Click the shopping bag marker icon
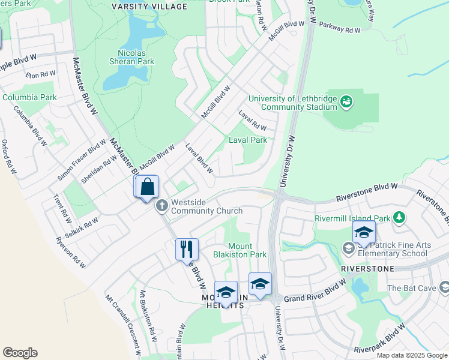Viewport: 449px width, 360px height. click(x=148, y=187)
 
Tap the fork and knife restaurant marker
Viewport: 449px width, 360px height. click(x=187, y=248)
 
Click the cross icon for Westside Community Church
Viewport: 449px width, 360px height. click(x=161, y=206)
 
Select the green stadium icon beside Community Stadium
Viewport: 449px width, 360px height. click(x=346, y=102)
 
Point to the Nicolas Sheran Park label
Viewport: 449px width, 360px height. click(x=132, y=56)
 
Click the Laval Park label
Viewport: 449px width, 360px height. click(x=248, y=140)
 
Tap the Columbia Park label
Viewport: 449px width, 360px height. click(x=29, y=97)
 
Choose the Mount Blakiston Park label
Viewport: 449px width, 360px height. click(x=238, y=250)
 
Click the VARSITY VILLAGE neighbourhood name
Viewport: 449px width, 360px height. click(x=150, y=7)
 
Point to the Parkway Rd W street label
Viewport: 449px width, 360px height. click(x=340, y=28)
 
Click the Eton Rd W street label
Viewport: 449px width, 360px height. click(x=41, y=74)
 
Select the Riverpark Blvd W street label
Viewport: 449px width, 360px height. click(x=381, y=340)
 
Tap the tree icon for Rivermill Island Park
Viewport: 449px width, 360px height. click(x=399, y=217)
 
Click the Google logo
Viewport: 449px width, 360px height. click(x=20, y=353)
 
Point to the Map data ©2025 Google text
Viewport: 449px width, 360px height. click(x=411, y=355)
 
